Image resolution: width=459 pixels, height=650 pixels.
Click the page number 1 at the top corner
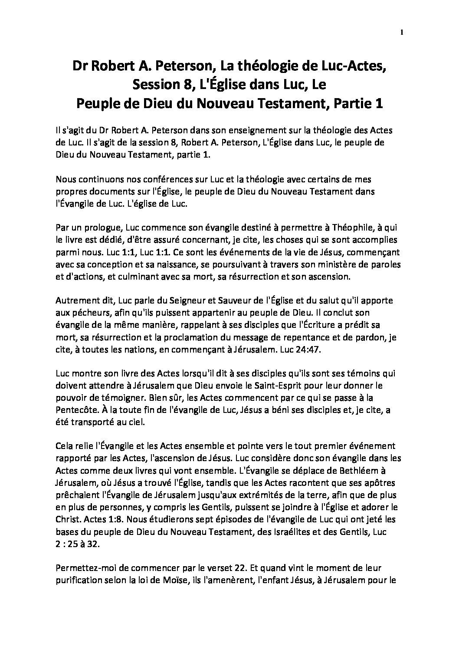402,32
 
